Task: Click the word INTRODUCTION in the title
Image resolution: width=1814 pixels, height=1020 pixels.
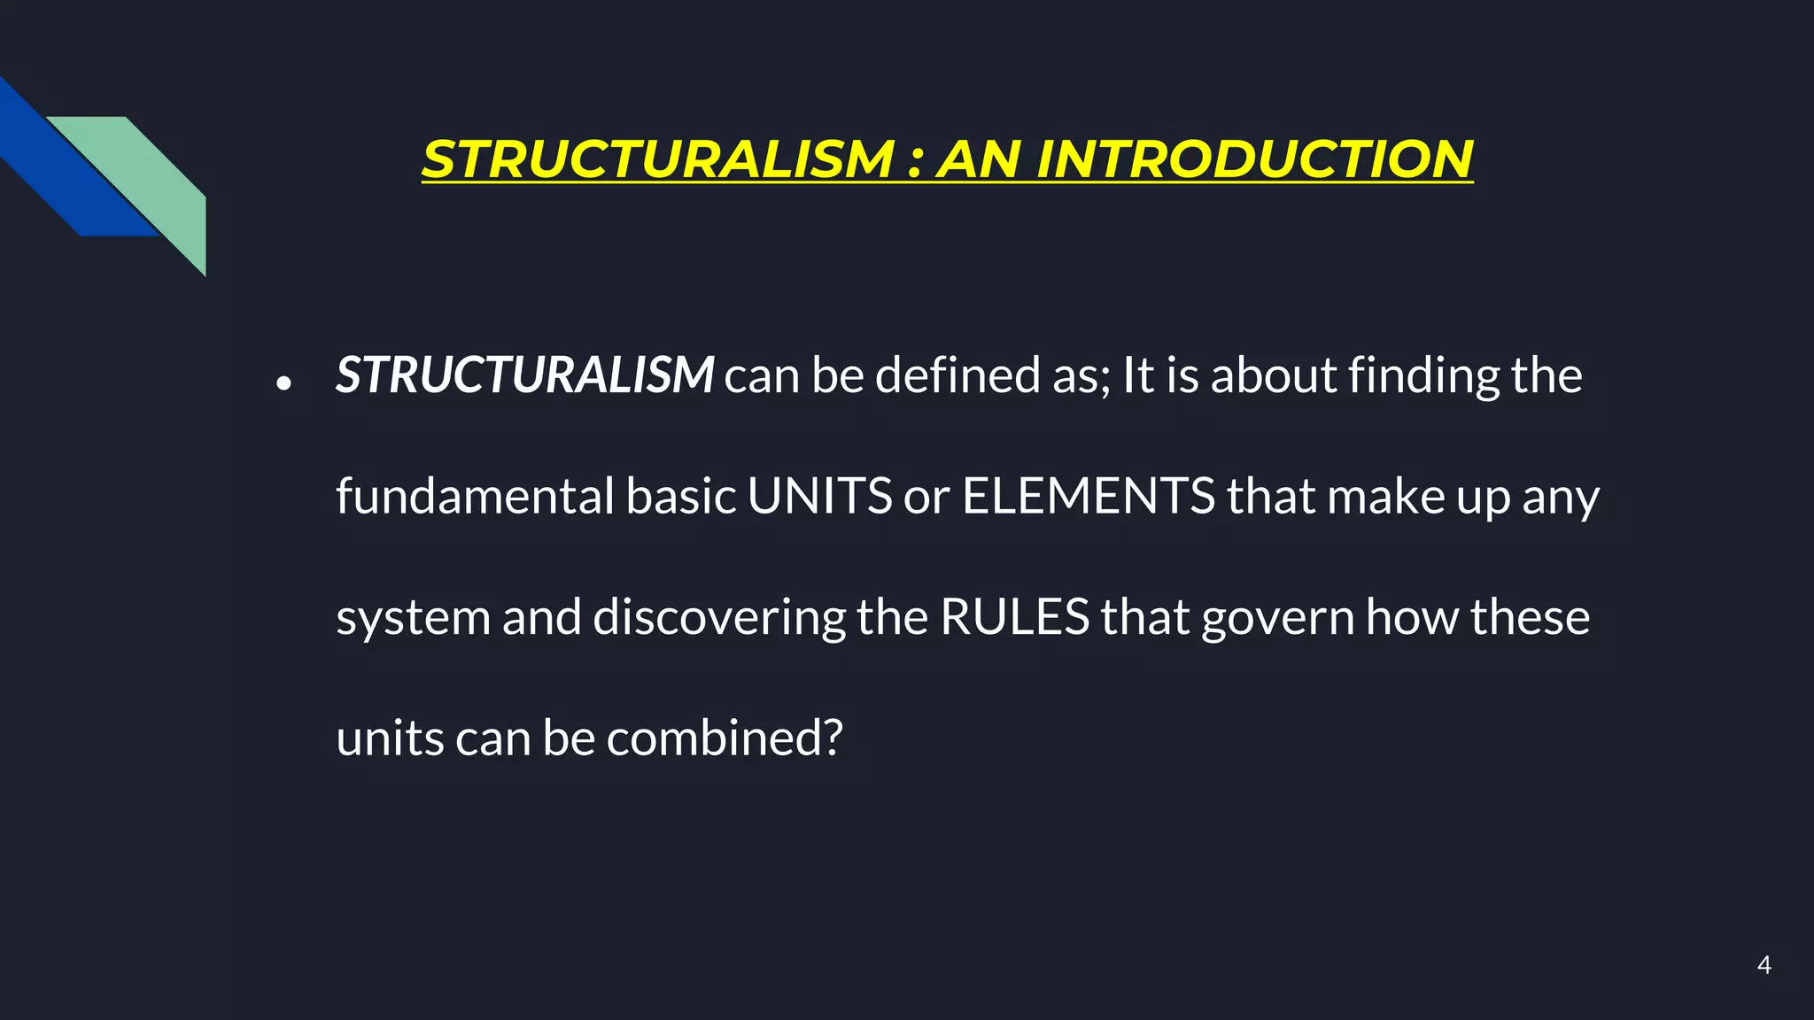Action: tap(1253, 159)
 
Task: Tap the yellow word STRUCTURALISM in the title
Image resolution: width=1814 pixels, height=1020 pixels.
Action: tap(658, 159)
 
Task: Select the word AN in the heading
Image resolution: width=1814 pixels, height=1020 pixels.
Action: tap(980, 159)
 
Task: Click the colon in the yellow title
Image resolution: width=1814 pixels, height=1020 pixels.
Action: tap(916, 163)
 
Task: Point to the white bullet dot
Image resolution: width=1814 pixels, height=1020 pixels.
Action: tap(283, 383)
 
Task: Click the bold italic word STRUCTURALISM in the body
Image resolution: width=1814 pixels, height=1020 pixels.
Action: tap(524, 375)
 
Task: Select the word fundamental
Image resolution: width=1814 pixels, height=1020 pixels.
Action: tap(475, 496)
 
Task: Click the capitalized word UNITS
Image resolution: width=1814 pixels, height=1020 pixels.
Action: tap(819, 496)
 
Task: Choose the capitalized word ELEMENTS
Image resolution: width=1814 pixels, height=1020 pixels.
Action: tap(1089, 496)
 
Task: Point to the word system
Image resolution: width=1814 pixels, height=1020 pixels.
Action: tap(413, 618)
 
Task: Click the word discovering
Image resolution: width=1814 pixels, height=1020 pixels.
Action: tap(718, 618)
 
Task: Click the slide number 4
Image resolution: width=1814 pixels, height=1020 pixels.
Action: tap(1764, 965)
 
